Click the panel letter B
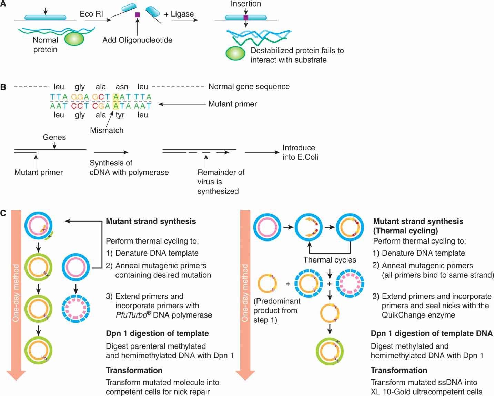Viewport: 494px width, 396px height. point(3,87)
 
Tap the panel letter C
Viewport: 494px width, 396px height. point(3,213)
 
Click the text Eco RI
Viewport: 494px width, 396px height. point(91,14)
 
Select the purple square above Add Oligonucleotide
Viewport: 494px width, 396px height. point(138,15)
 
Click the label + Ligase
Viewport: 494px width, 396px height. point(179,14)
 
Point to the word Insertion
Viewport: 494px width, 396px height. point(246,4)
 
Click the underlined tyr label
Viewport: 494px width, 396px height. point(120,115)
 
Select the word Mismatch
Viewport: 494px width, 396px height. point(107,130)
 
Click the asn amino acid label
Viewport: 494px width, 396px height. point(122,87)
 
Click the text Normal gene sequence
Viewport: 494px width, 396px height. point(249,87)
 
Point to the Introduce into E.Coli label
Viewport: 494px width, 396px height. point(300,152)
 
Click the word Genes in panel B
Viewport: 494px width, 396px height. point(54,137)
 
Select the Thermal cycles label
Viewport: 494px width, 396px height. point(330,260)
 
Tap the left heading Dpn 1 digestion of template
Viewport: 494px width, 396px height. point(157,333)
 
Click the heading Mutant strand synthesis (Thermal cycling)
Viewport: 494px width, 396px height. point(418,226)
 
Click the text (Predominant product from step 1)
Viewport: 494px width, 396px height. point(277,310)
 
